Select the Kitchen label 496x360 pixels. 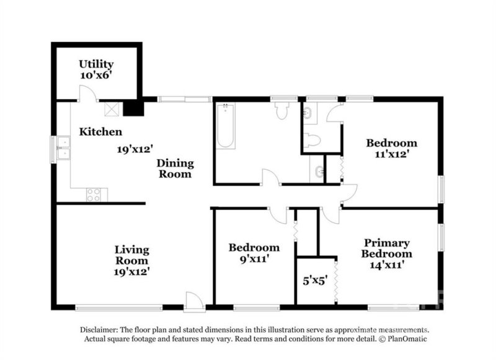[100, 132]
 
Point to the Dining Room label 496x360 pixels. [175, 169]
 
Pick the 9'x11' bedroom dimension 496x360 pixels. [254, 260]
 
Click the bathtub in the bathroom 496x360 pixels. [226, 127]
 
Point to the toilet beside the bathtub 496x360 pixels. [283, 110]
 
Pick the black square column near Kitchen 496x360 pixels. [132, 108]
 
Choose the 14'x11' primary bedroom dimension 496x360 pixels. [387, 264]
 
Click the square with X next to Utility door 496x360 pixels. [112, 109]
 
